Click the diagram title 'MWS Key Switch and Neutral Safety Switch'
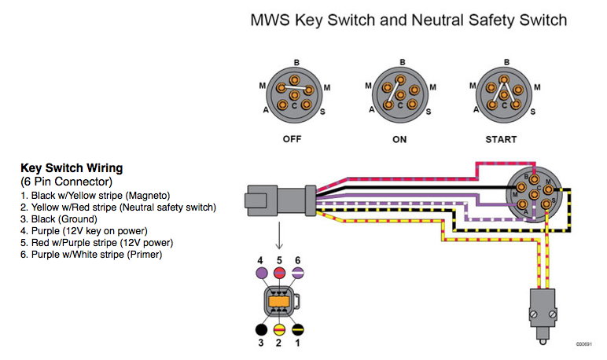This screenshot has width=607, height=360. [408, 20]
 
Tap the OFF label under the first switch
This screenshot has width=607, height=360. [293, 139]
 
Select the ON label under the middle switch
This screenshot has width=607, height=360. [400, 139]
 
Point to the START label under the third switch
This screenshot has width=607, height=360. [501, 139]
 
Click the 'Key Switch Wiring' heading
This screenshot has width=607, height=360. [72, 168]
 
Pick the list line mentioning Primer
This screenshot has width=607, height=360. [91, 255]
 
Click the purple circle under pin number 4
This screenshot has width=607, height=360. [259, 272]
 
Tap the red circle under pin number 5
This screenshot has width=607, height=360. [278, 272]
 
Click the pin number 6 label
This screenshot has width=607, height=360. [296, 260]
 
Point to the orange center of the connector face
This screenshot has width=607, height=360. [278, 302]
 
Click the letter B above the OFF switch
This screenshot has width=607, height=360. [296, 62]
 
